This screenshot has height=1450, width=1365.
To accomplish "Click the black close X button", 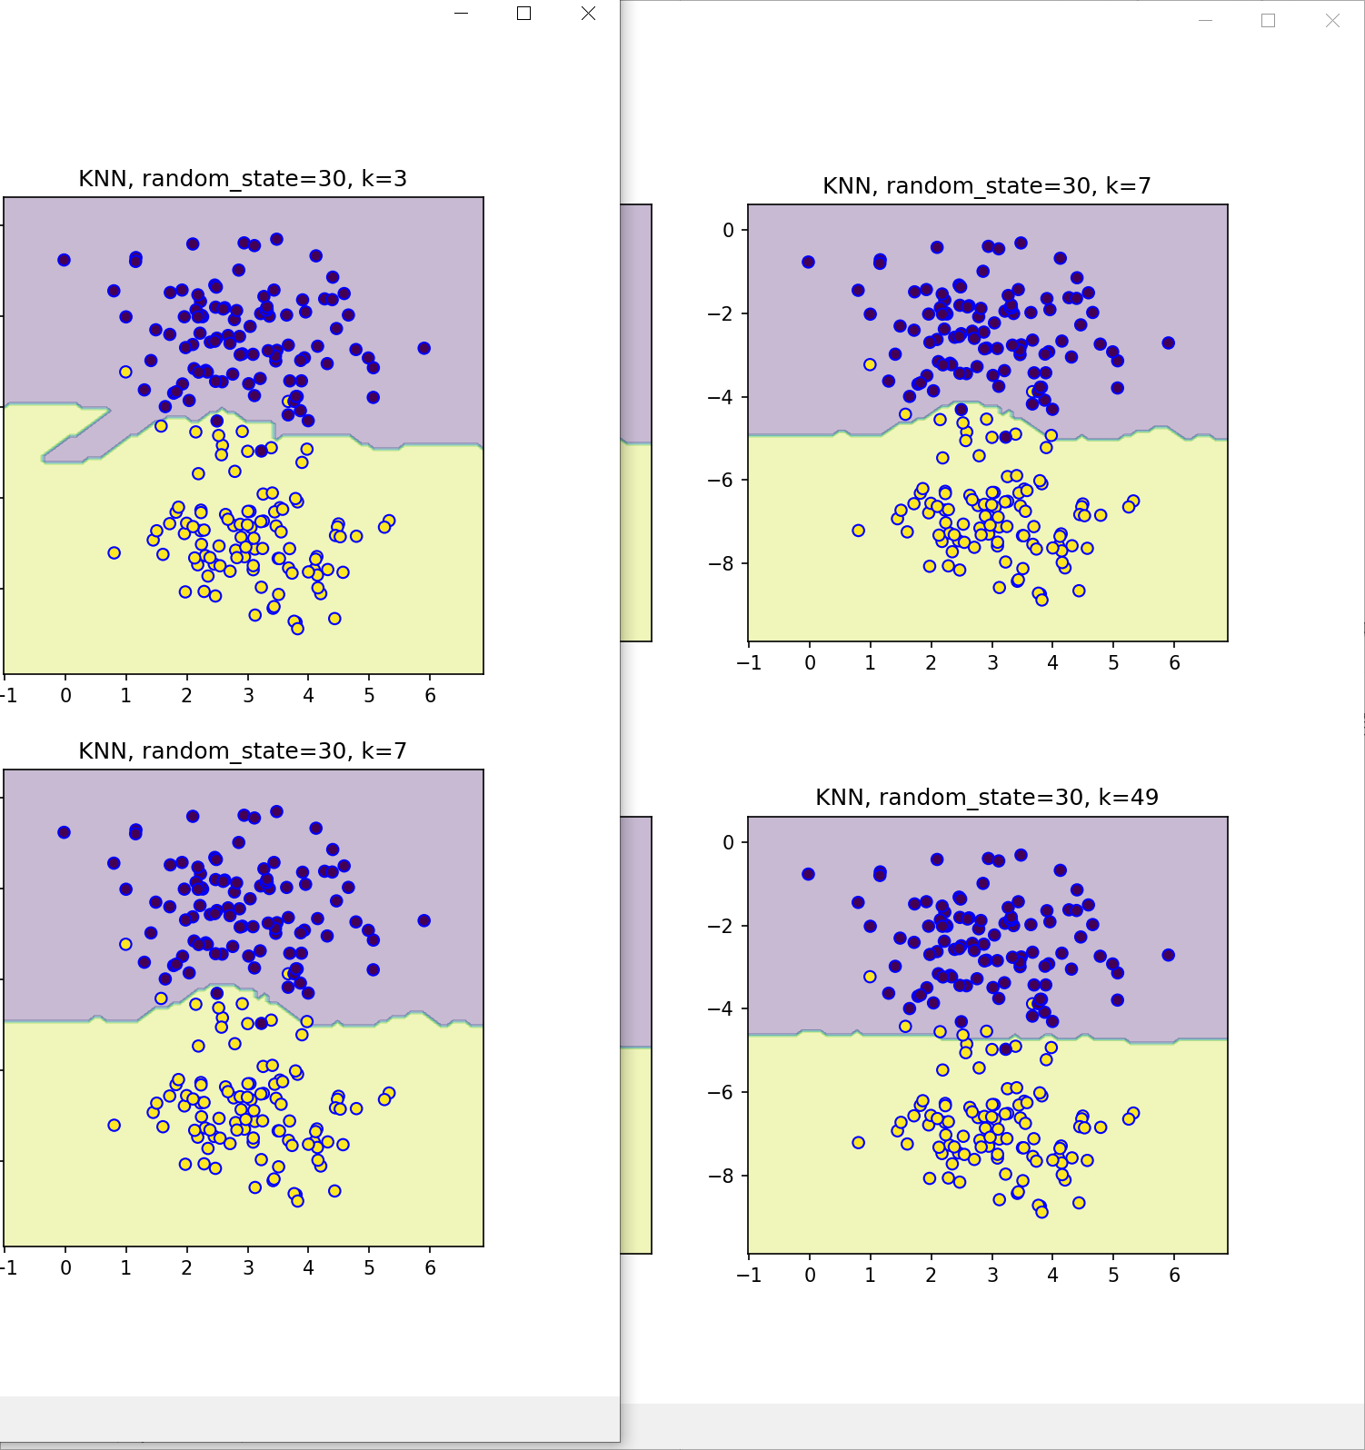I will click(588, 14).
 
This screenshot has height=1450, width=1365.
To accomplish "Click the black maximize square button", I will click(523, 14).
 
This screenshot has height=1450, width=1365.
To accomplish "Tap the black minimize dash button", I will click(461, 14).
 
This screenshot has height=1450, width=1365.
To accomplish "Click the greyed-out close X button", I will click(1332, 21).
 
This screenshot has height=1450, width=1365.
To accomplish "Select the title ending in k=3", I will click(243, 178).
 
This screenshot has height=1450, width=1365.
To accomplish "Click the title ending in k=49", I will click(987, 797).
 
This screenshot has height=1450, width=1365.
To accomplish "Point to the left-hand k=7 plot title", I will click(243, 750).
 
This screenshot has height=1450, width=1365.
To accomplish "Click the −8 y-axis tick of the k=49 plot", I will click(722, 1176).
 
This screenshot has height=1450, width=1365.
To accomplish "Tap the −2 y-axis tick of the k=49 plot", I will click(722, 926).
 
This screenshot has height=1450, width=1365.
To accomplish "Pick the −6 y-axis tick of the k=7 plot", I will click(722, 480).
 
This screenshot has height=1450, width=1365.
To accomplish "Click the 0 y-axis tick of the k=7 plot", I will click(728, 231).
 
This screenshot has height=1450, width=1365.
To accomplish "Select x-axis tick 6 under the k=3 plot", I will click(430, 696).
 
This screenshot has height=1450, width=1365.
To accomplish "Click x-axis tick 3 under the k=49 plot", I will click(992, 1276).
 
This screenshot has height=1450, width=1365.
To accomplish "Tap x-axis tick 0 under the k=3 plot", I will click(65, 696).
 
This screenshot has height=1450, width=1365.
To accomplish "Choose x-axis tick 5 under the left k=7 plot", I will click(369, 1268).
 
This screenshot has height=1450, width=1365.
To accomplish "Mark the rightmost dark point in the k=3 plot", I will click(423, 348).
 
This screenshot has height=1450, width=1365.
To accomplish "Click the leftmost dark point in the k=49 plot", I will click(808, 874).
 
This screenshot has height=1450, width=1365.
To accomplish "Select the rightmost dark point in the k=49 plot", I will click(1168, 955).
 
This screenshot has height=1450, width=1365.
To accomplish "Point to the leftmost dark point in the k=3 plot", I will click(64, 260).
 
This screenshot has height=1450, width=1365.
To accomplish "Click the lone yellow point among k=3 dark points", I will click(125, 372).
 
